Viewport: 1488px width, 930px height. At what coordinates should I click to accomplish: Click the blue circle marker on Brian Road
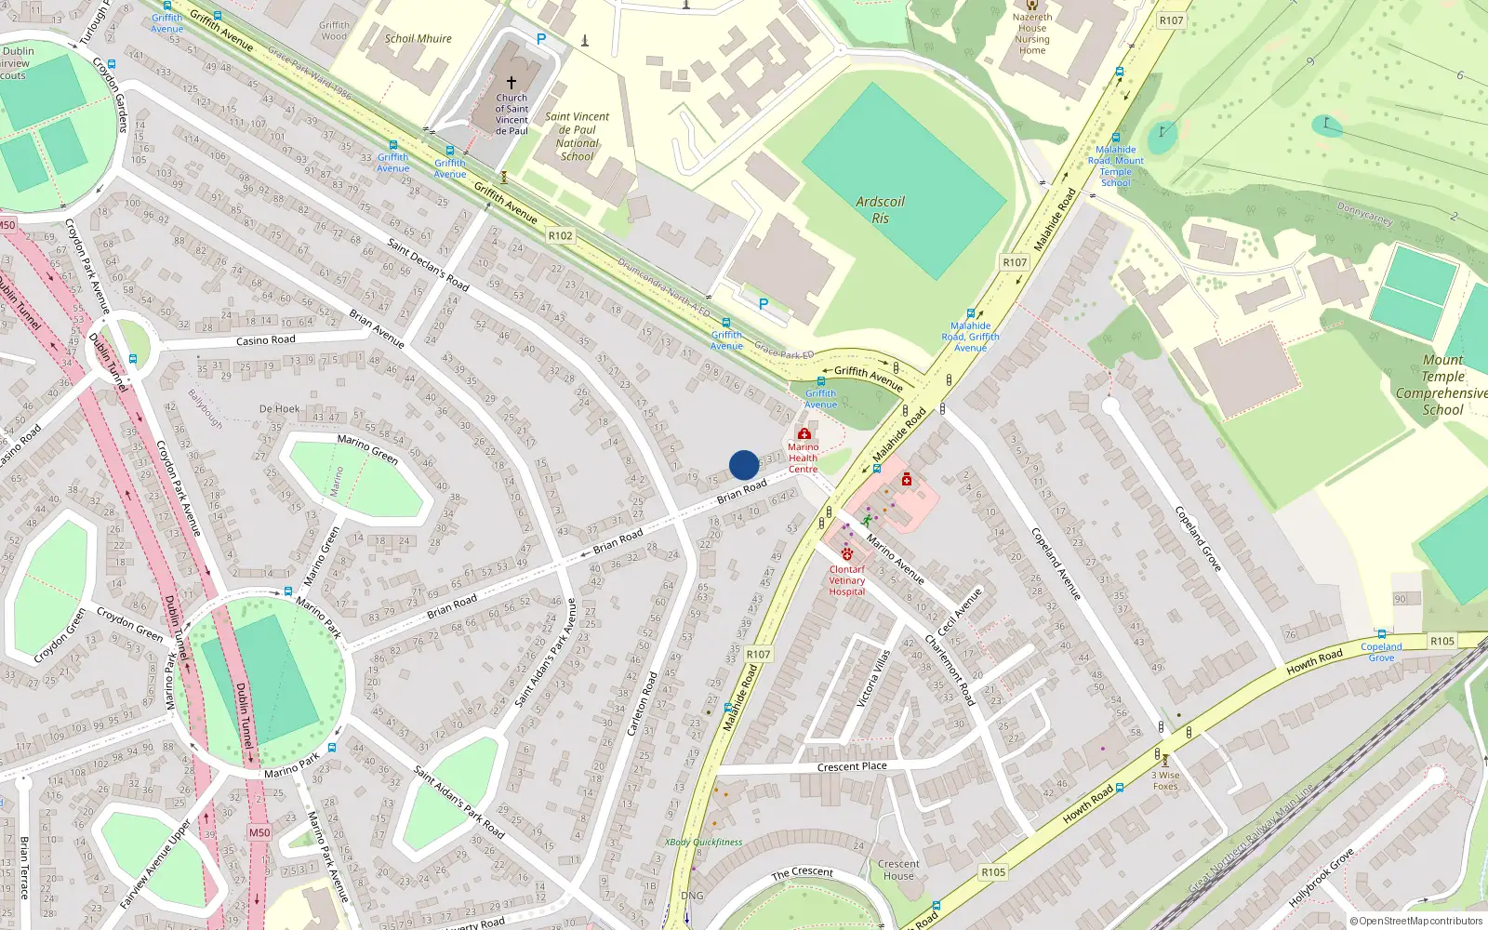(x=744, y=465)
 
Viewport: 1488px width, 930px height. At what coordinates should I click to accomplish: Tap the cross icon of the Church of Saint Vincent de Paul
(x=511, y=83)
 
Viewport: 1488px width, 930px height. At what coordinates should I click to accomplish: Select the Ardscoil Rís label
(x=880, y=209)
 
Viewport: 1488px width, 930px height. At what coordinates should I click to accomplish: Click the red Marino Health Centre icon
(x=804, y=434)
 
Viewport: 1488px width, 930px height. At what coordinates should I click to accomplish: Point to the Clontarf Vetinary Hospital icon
(x=846, y=554)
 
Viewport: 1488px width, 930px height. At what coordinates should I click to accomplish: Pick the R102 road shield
(x=560, y=235)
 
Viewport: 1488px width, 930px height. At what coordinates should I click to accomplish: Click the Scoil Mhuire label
(x=418, y=39)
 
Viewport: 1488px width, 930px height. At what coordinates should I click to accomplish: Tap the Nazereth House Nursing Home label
(x=1032, y=33)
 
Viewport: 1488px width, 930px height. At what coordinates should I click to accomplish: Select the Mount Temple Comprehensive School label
(x=1442, y=384)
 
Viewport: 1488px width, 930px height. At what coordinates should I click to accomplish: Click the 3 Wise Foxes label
(x=1165, y=780)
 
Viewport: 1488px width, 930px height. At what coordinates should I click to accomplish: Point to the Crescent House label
(x=898, y=870)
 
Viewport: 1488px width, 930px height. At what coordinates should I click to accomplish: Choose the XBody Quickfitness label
(x=703, y=843)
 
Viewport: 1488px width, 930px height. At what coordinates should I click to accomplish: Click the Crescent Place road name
(x=852, y=766)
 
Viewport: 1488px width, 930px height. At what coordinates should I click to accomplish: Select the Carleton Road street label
(x=642, y=704)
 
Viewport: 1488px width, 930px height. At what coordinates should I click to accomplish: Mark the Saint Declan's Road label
(x=428, y=264)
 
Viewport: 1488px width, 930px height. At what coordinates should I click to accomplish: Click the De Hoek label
(x=280, y=408)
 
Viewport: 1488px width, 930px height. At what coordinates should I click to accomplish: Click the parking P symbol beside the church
(x=541, y=39)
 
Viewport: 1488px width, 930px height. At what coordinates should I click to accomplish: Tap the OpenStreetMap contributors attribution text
(x=1416, y=921)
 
